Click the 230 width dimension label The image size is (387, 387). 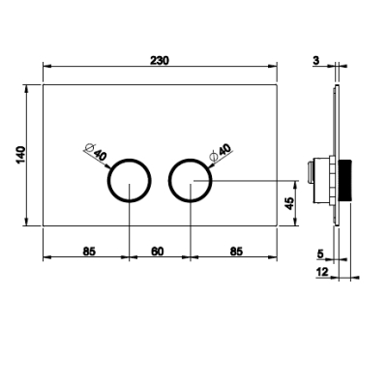coord(160,60)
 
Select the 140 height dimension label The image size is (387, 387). coord(20,155)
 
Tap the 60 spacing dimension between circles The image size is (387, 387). coord(157,252)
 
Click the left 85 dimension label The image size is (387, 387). coord(89,252)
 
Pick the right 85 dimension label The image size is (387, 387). coord(236,252)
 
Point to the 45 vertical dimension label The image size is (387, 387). coord(289,203)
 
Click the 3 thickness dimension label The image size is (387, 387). coord(315,60)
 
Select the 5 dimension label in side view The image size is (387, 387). coord(320,254)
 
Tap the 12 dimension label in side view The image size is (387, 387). coord(321,272)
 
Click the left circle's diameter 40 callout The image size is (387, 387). coord(96,152)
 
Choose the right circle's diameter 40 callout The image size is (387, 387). coord(221,152)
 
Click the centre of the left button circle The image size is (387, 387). coord(129,181)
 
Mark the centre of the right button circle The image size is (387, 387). coord(191,181)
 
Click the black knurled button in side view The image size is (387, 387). coord(345,180)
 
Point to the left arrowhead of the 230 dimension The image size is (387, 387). coord(47,67)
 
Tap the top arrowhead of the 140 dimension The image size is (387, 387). coord(26,89)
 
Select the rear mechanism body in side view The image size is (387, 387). coord(318,181)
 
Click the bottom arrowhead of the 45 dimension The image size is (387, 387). coord(294,222)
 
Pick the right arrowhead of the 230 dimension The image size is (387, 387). coord(273,67)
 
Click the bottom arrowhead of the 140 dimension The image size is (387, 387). coord(26,222)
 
